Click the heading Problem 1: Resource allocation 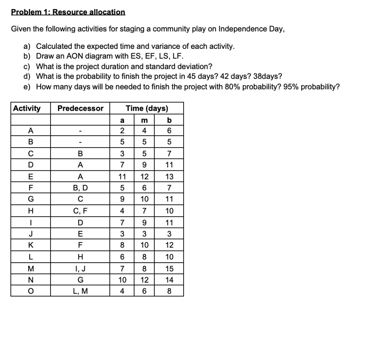tap(68, 12)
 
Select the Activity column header tap(27, 108)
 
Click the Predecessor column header tap(80, 108)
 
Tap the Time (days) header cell tap(146, 108)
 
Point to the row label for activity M tap(30, 268)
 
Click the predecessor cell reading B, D tap(80, 187)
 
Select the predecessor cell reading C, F tap(80, 211)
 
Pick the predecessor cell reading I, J tap(80, 268)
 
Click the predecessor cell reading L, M tap(80, 291)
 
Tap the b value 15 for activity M tap(169, 268)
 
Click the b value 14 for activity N tap(169, 280)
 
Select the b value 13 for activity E tap(169, 177)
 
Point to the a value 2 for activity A tap(122, 131)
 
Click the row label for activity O tap(30, 291)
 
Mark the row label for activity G tap(30, 199)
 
